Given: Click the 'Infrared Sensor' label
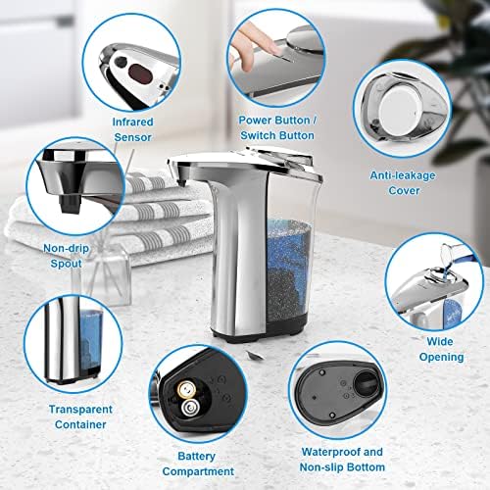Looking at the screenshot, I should (x=132, y=128).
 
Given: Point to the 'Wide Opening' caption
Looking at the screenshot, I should (x=438, y=351).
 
